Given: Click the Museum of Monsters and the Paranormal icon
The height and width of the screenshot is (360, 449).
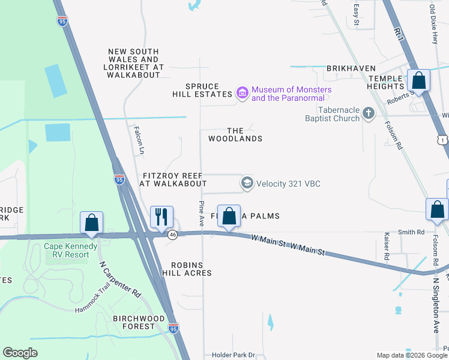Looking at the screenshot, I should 243,94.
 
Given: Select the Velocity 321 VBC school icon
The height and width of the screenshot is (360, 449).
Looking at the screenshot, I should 247,183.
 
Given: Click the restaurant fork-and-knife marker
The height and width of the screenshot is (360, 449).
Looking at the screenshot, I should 161,217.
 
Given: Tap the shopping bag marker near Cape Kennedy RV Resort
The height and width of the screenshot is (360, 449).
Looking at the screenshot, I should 92,223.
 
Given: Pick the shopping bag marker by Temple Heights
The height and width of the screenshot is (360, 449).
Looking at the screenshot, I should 418,80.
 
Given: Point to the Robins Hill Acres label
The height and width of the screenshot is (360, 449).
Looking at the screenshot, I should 191,269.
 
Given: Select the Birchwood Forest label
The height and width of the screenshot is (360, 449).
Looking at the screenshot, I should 139,322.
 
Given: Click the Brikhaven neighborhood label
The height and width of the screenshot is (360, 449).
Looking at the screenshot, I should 351,68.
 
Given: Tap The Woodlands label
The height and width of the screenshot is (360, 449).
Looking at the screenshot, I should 235,134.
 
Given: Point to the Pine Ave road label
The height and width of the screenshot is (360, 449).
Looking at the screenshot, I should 202,214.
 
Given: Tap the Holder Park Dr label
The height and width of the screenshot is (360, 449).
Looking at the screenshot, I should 234,355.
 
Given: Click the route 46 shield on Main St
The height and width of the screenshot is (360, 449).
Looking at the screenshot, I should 172,234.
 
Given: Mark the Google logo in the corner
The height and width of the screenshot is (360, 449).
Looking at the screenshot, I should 20,353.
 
